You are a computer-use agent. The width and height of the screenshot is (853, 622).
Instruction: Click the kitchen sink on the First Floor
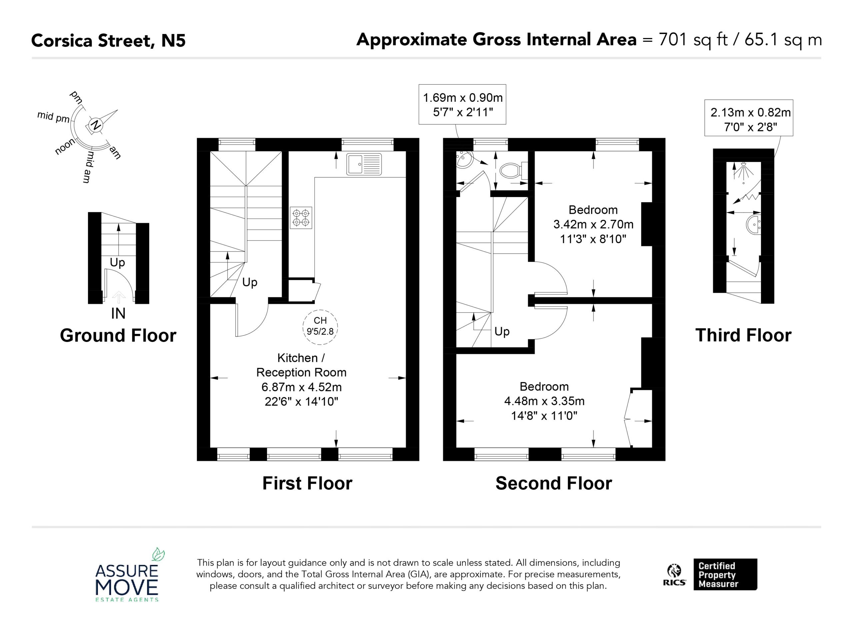[364, 164]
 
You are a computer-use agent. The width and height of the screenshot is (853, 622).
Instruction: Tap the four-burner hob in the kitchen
[301, 218]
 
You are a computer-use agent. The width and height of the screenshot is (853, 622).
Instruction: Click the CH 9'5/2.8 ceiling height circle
[321, 327]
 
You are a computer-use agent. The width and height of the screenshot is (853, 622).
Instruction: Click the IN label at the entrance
[118, 313]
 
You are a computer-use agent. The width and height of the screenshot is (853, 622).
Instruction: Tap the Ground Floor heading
[118, 335]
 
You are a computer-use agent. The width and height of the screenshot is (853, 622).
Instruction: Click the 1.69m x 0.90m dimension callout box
[462, 104]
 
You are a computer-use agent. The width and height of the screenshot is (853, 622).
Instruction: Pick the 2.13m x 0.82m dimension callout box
[749, 118]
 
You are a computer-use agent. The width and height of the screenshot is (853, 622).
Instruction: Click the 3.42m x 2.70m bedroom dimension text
[593, 224]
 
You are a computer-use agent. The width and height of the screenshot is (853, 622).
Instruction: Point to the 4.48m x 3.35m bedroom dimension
[544, 401]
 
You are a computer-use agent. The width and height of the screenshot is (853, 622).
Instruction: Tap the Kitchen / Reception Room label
[301, 365]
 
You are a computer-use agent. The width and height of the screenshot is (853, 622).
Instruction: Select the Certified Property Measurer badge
[725, 575]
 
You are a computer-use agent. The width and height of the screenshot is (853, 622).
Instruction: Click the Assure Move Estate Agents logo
[127, 574]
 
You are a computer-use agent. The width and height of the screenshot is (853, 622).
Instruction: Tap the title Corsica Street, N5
[108, 41]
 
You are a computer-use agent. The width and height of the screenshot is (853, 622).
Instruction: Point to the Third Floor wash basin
[753, 225]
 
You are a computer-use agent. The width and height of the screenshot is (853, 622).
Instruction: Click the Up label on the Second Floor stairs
[502, 331]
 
